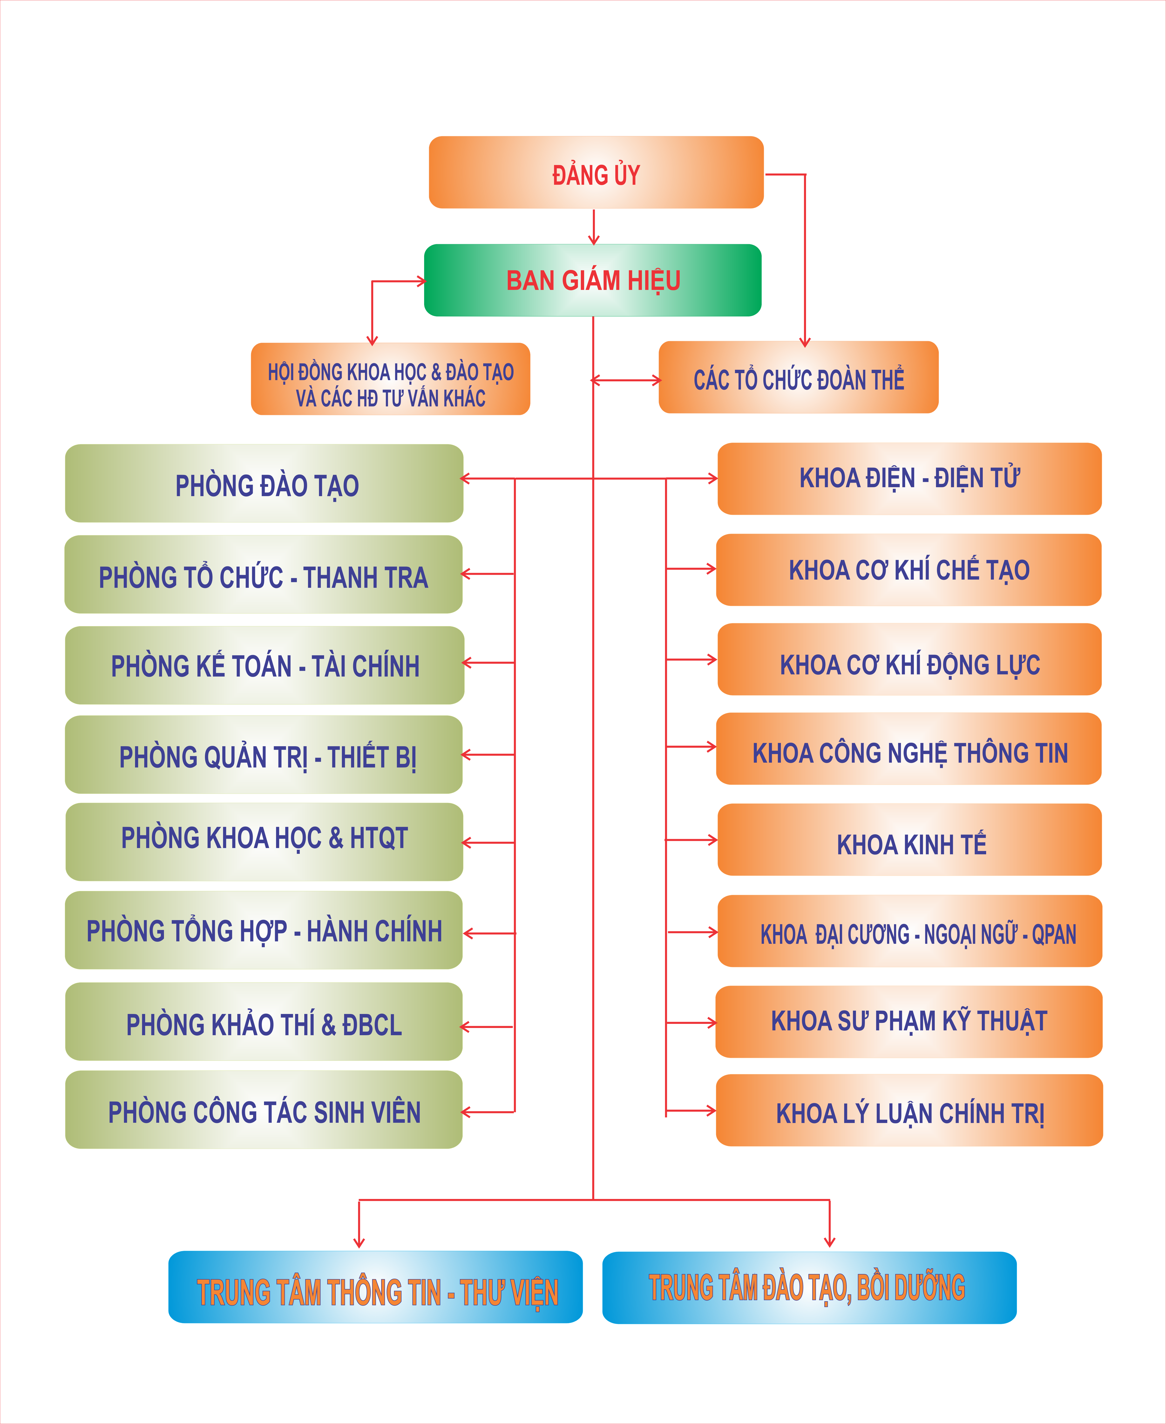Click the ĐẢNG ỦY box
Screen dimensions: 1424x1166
point(596,173)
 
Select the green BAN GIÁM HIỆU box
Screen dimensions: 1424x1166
point(592,280)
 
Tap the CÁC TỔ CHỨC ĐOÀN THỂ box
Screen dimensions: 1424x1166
point(798,378)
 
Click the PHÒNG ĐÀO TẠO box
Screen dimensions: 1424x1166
point(264,484)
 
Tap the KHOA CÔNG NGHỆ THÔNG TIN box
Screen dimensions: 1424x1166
point(909,749)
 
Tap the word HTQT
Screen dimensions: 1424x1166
point(379,839)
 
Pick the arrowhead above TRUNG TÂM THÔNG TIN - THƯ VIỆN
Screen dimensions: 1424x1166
point(359,1243)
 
